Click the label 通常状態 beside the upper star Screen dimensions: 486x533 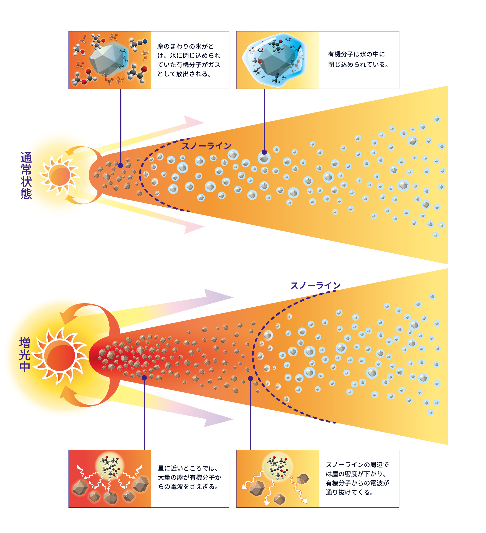26,175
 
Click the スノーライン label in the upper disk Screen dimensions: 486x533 207,146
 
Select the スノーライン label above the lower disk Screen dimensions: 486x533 315,285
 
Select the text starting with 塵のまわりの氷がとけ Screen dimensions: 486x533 189,60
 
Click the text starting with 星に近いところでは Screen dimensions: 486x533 189,478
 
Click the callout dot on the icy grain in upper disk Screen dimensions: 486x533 264,152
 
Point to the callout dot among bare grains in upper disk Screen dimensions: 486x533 121,166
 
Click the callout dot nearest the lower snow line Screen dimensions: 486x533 251,378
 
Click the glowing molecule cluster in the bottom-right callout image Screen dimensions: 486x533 277,467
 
